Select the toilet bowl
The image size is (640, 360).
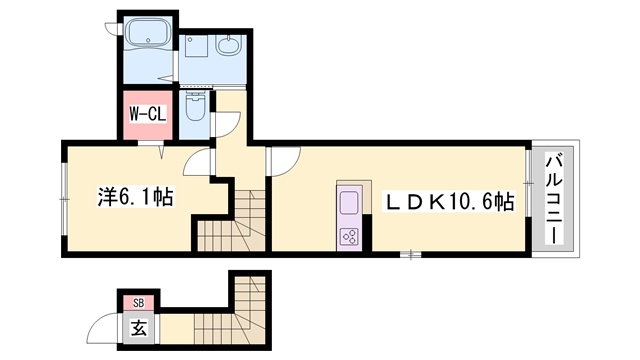tap(196, 106)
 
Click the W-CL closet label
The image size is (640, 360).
tap(148, 114)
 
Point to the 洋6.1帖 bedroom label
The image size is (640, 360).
tap(135, 197)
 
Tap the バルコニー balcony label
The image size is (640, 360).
tap(552, 199)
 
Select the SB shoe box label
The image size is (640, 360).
tap(139, 303)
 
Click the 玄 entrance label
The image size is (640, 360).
tap(139, 327)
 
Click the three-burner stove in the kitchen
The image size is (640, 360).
tap(349, 236)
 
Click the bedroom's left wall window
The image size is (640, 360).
tap(64, 199)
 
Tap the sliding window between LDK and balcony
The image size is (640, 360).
tap(528, 183)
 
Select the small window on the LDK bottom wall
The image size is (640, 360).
tap(411, 255)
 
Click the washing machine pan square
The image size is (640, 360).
tap(196, 45)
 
